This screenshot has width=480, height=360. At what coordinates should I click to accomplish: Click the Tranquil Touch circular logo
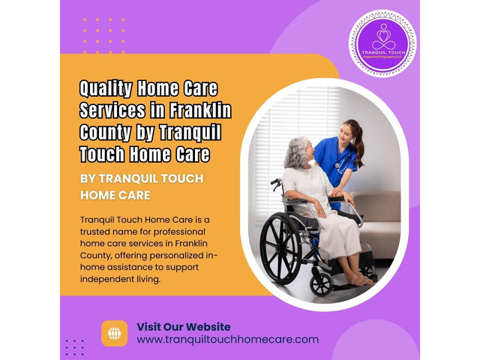[x=383, y=43]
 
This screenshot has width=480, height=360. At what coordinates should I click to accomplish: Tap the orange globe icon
[x=115, y=334]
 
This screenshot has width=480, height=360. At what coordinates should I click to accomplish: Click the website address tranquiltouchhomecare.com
[x=227, y=340]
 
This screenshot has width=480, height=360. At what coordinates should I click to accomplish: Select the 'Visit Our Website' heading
[x=183, y=327]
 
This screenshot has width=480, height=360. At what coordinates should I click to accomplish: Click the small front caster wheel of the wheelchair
[x=322, y=283]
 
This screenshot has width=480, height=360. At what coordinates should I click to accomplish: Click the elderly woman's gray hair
[x=295, y=153]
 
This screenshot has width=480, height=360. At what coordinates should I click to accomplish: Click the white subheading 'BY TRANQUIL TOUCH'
[x=141, y=179]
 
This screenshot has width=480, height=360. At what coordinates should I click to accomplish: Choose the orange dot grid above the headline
[x=104, y=36]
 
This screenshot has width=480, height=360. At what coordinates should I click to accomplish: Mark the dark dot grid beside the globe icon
[x=74, y=347]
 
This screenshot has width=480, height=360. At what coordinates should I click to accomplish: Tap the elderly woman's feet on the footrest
[x=360, y=280]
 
